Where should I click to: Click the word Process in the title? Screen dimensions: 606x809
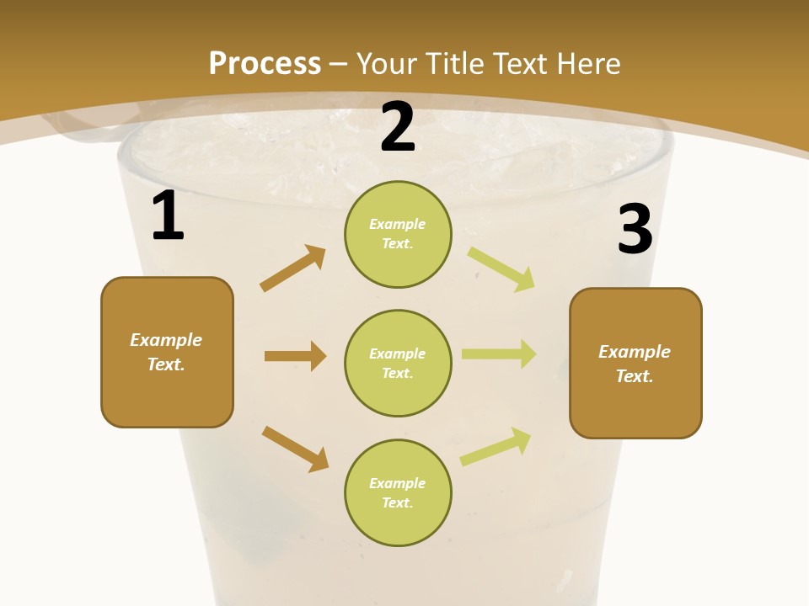click(x=265, y=63)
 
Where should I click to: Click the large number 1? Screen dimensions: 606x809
click(x=168, y=216)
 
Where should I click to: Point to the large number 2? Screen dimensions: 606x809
click(x=398, y=127)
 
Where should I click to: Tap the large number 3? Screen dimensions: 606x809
click(x=635, y=230)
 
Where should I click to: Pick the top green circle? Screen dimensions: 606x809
click(x=398, y=234)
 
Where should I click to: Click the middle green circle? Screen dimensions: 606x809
click(x=398, y=364)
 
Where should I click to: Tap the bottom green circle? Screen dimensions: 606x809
click(x=398, y=492)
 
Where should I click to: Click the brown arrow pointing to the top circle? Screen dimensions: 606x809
click(x=293, y=268)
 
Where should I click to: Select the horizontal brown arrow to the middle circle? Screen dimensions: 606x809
click(x=295, y=356)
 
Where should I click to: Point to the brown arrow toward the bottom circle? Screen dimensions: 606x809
click(x=295, y=448)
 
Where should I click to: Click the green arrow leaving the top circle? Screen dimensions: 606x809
click(x=501, y=268)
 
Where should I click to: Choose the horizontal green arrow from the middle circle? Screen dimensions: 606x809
click(x=499, y=354)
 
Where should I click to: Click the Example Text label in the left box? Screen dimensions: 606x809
click(x=166, y=352)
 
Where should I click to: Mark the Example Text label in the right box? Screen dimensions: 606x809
click(x=635, y=364)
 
